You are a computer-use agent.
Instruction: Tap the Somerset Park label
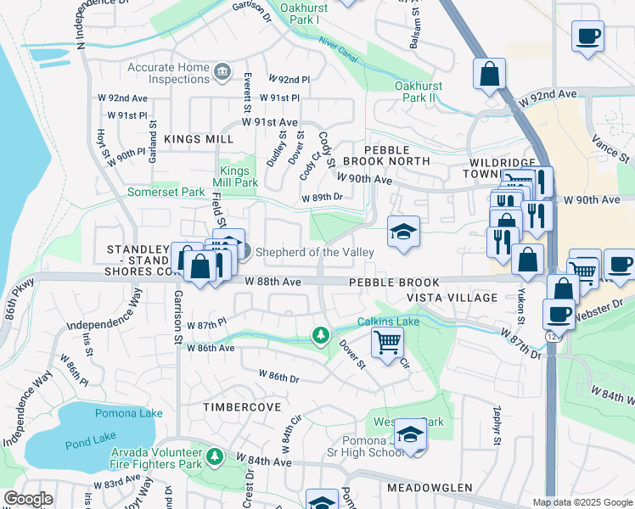click(165, 193)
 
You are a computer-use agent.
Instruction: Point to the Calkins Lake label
click(388, 322)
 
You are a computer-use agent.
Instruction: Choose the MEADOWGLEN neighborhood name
click(430, 488)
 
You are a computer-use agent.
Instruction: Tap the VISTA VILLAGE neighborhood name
click(452, 298)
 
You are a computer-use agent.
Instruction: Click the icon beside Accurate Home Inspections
click(222, 71)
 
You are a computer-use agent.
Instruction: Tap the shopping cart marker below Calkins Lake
click(387, 342)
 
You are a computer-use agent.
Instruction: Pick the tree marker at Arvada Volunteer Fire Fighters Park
click(215, 457)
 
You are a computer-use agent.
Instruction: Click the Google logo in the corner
click(29, 499)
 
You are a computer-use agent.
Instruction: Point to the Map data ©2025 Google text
click(582, 502)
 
